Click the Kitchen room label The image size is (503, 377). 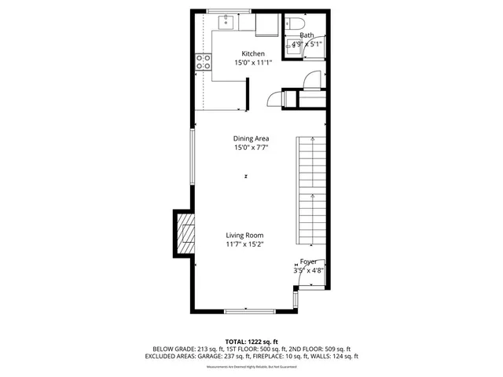click(x=253, y=53)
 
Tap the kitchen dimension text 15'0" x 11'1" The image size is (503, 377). click(x=253, y=63)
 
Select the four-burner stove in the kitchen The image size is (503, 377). click(x=203, y=62)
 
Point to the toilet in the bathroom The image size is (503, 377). click(x=292, y=22)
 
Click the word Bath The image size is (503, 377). click(x=307, y=35)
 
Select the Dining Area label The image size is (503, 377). click(x=251, y=138)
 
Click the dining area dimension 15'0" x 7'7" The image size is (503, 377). click(x=251, y=148)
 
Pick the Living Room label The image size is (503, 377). click(x=244, y=235)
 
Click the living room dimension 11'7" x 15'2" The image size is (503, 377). click(x=244, y=244)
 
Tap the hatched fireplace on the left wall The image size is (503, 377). click(x=185, y=234)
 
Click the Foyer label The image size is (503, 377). click(x=308, y=261)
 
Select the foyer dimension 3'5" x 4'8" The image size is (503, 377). click(x=309, y=270)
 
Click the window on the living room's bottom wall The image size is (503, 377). click(x=249, y=311)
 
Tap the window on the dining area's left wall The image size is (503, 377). click(x=193, y=157)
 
